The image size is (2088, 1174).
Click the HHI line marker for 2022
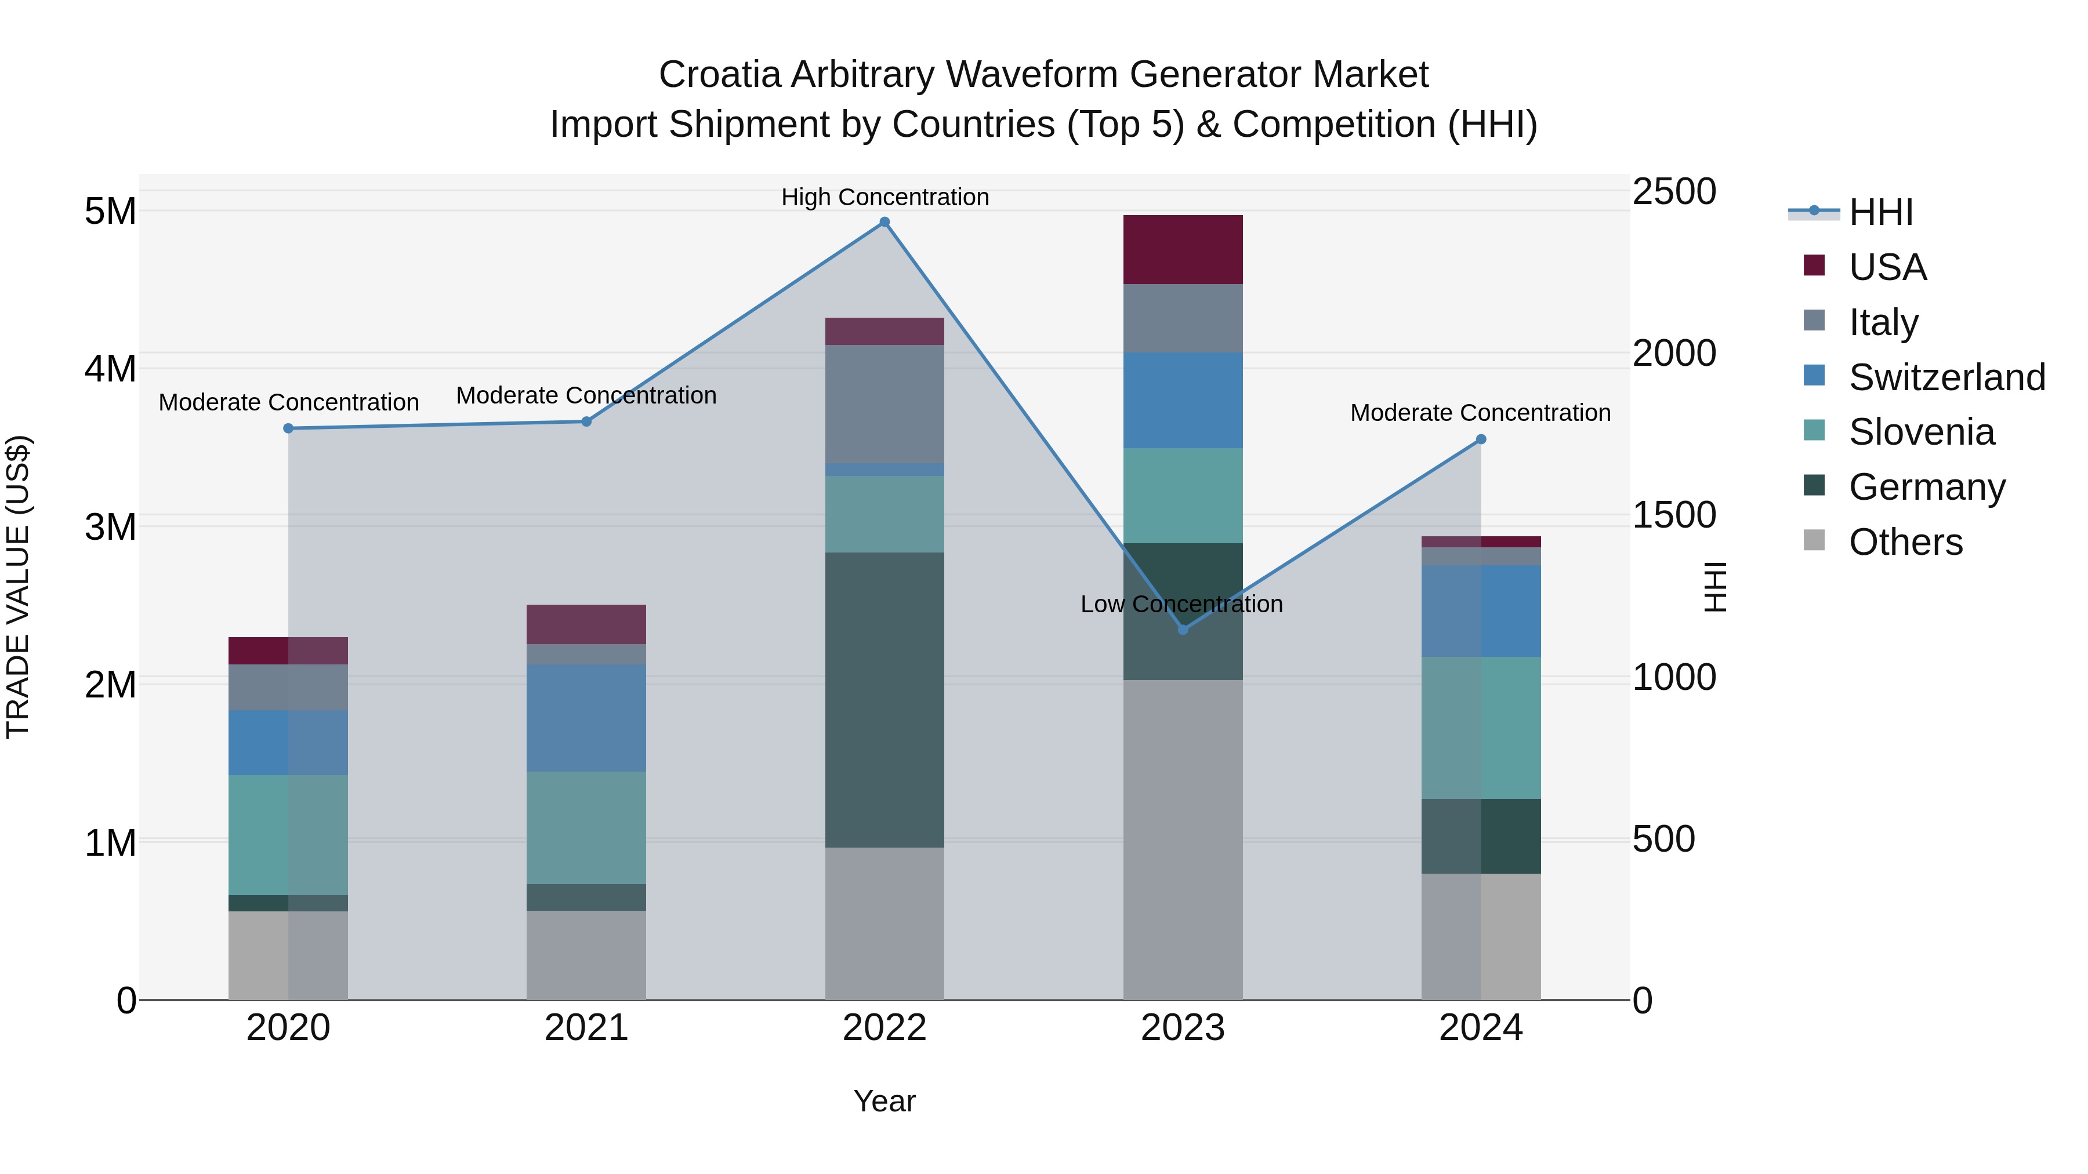[x=884, y=222]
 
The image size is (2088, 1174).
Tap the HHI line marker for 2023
[x=1183, y=630]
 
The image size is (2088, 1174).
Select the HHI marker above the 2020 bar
[x=289, y=428]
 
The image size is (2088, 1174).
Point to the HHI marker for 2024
[x=1481, y=439]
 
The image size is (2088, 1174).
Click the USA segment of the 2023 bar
[x=1183, y=249]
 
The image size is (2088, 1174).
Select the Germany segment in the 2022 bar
[x=884, y=700]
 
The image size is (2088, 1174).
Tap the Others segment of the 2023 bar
[x=1183, y=839]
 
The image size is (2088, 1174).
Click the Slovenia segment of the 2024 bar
[x=1481, y=728]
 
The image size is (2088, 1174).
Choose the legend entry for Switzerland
[x=1946, y=377]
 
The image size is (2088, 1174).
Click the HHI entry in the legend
[x=1880, y=212]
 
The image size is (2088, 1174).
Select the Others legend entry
[x=1905, y=542]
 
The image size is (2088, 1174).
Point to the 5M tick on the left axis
[x=110, y=212]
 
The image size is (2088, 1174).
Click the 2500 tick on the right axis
[x=1674, y=192]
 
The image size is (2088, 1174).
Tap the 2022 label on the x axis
[x=884, y=1028]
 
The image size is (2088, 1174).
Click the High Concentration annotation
[x=884, y=197]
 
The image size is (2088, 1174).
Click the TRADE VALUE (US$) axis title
[x=18, y=587]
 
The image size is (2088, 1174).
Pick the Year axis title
[x=884, y=1101]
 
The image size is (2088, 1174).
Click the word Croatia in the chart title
[x=720, y=75]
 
